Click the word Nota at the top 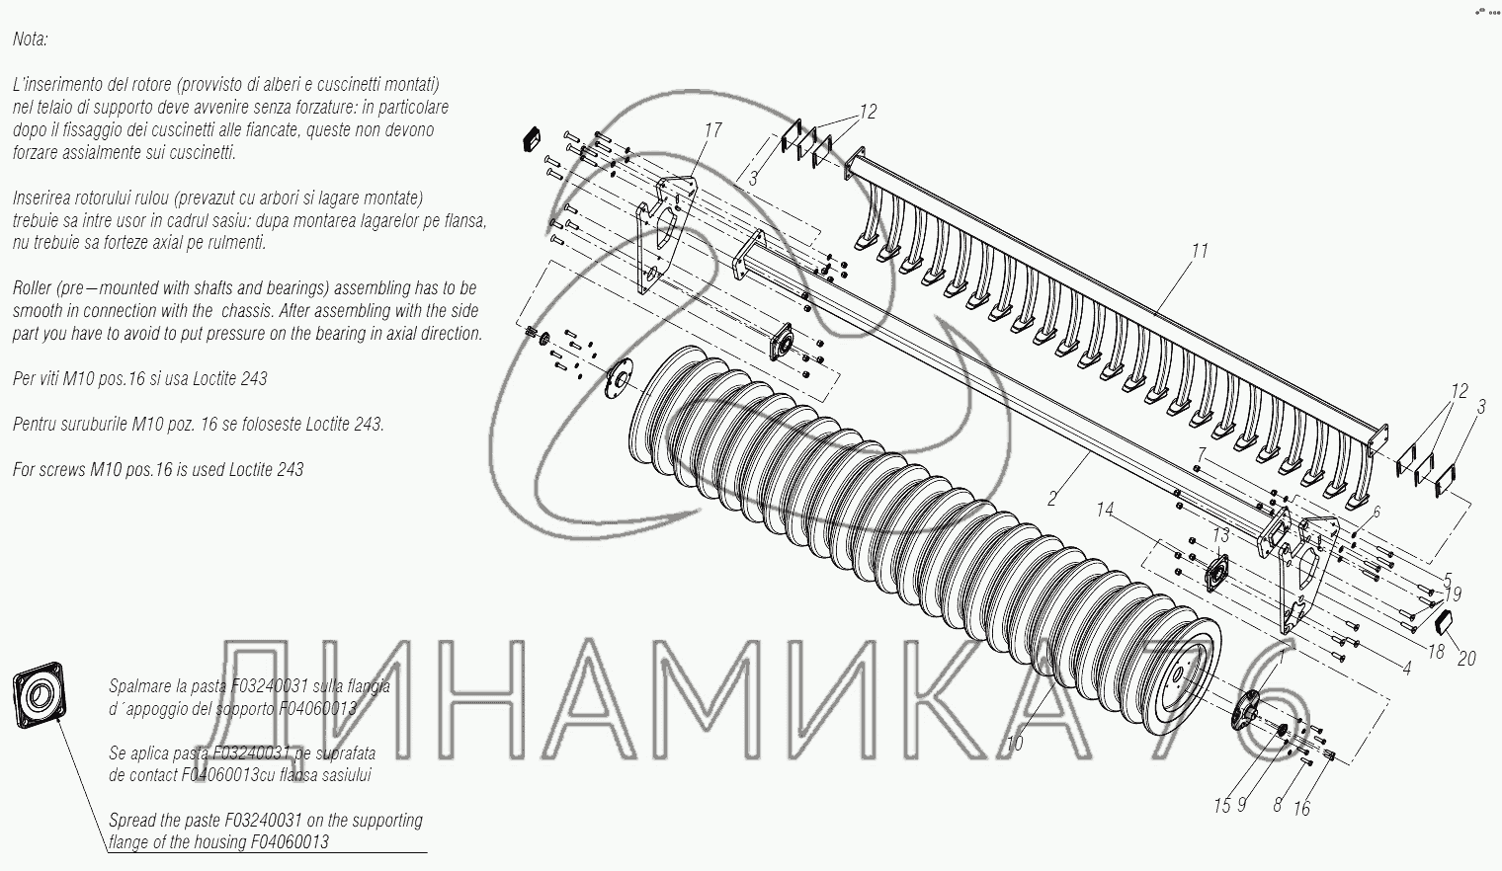click(x=30, y=40)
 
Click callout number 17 click(x=712, y=130)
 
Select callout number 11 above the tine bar click(x=1199, y=251)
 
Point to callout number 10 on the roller click(x=1016, y=744)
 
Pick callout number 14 click(x=1105, y=510)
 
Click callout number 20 click(x=1466, y=659)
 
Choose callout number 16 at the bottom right click(x=1301, y=809)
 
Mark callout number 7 click(x=1200, y=453)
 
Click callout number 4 click(x=1406, y=668)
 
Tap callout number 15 click(x=1222, y=806)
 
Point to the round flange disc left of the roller click(x=620, y=378)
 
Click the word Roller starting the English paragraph click(x=34, y=288)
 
